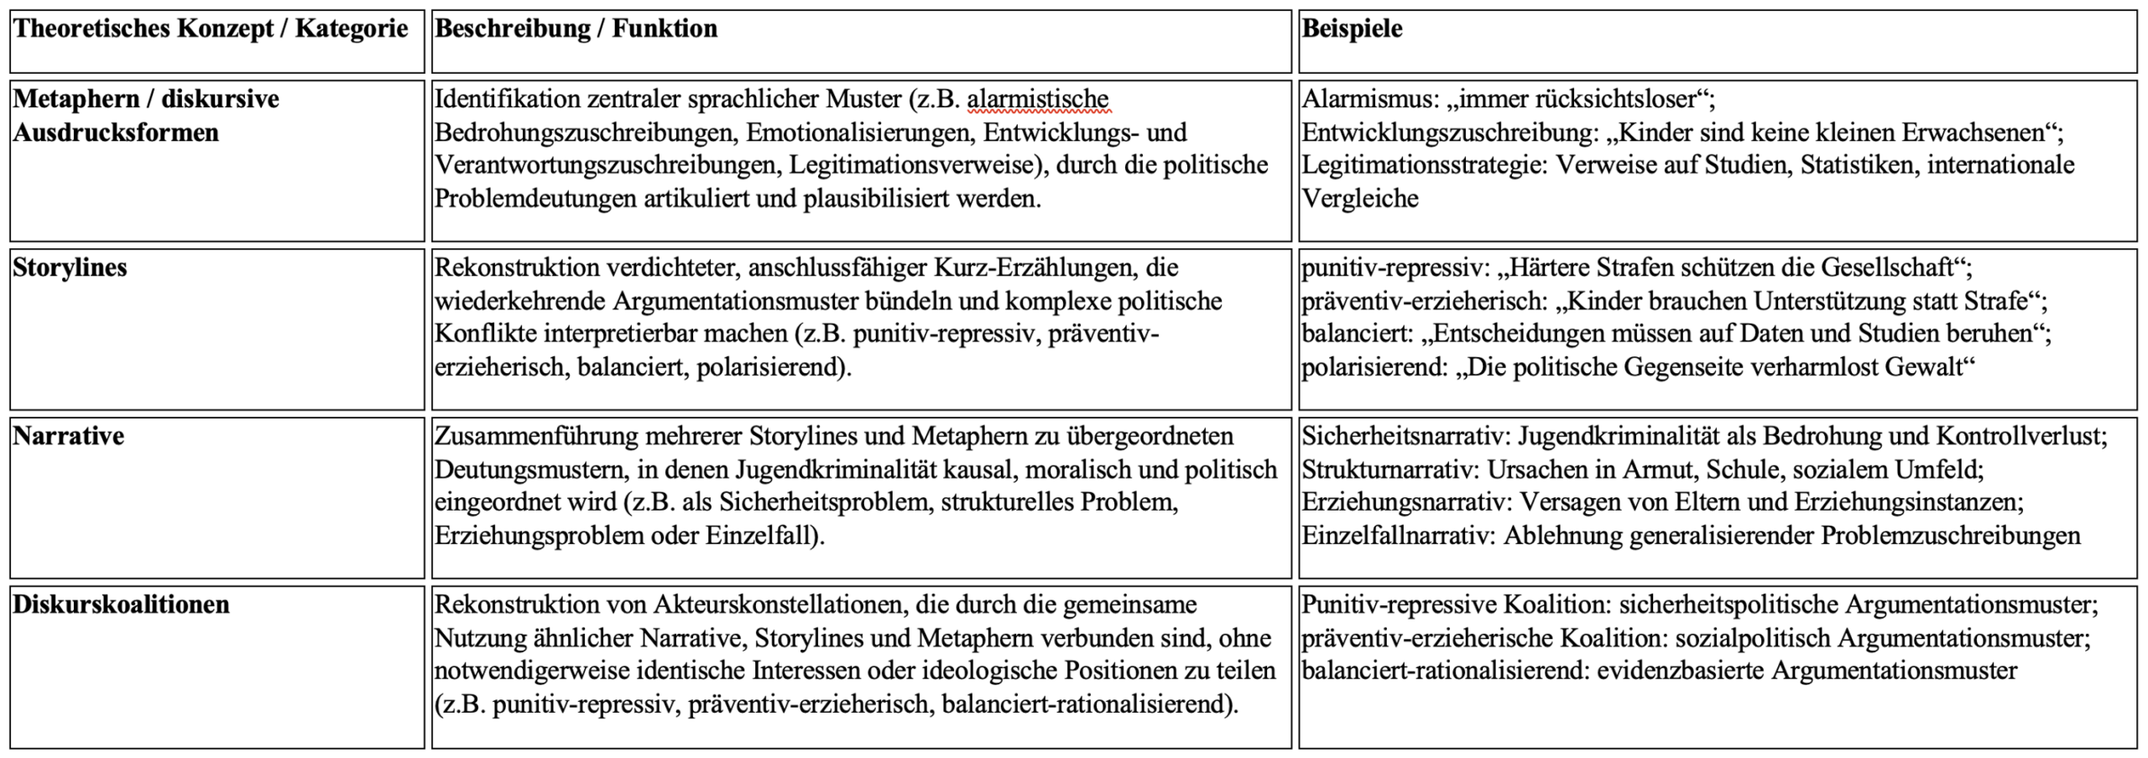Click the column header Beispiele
point(1352,29)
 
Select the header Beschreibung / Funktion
point(576,29)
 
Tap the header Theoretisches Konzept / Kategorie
point(211,29)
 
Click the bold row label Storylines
point(70,267)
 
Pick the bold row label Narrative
point(68,436)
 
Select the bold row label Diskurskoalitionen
point(121,605)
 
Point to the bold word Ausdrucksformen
point(116,132)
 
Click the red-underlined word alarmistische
point(1038,99)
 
